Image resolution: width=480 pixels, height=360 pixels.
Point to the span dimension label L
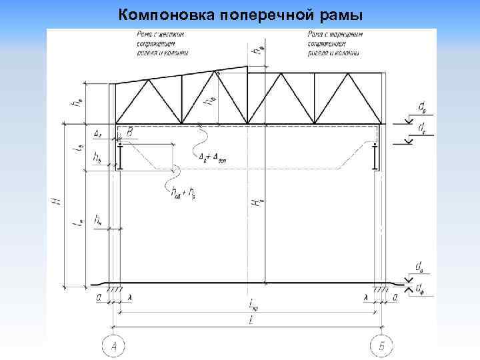[249, 322]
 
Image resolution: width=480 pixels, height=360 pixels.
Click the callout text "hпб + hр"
[183, 193]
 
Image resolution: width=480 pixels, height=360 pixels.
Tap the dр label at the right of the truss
[423, 106]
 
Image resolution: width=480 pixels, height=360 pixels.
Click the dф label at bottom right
[421, 288]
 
